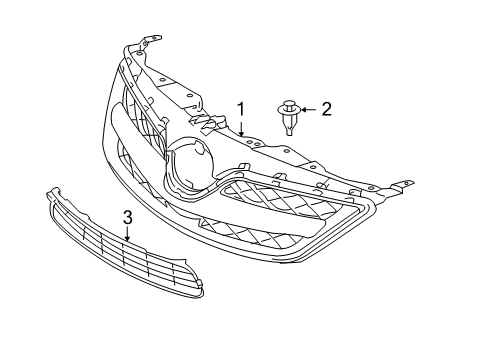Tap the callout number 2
point(326,108)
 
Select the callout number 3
point(127,217)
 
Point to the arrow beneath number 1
point(240,127)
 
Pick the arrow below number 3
point(127,236)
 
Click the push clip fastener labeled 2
point(289,116)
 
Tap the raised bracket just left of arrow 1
point(209,123)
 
